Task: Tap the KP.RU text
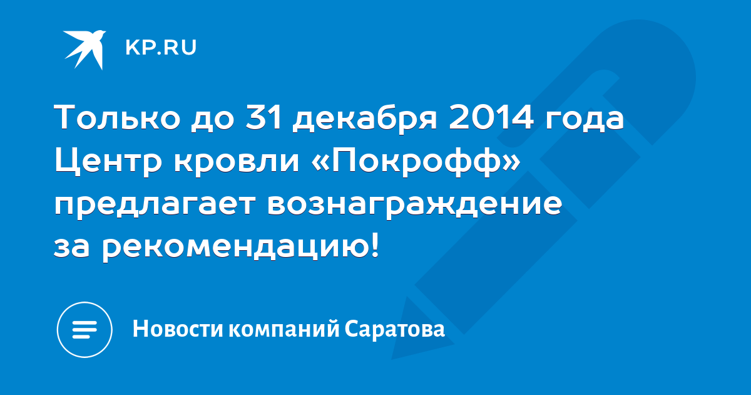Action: click(161, 48)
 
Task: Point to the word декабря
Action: click(365, 119)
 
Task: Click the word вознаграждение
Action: click(415, 206)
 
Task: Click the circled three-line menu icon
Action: click(84, 330)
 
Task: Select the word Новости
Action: click(178, 329)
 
